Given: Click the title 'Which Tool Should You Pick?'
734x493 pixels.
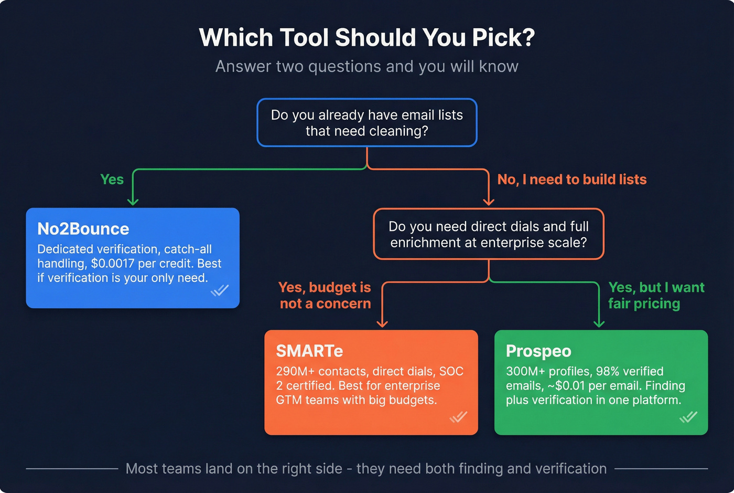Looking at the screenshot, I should coord(367,38).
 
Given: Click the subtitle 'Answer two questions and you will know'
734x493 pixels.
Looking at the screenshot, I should coord(367,67).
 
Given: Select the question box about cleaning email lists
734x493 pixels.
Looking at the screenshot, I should coord(367,122).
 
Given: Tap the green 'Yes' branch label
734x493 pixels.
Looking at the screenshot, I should coord(112,180).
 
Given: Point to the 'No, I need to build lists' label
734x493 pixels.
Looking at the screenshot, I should coord(571,180).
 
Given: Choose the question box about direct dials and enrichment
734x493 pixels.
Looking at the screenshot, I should coord(489,234).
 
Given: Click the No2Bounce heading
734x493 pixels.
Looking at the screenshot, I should coord(83,229).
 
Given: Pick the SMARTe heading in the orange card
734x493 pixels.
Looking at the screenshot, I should coord(309,351).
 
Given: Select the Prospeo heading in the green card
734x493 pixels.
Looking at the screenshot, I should coord(538,351).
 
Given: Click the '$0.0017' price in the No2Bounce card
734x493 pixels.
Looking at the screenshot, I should coord(113,264).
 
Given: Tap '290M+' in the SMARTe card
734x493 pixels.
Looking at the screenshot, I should coord(295,372).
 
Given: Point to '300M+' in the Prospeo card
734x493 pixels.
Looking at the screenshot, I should coord(525,372).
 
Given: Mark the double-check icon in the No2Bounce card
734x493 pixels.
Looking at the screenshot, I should coord(220,290).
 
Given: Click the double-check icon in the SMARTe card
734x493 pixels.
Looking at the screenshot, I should coord(458,417).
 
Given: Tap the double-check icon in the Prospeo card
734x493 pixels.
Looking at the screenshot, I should coord(688,417).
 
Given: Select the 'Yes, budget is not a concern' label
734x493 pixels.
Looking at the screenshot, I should coord(325,295).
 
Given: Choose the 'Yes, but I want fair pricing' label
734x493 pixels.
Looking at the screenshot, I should coord(656,295).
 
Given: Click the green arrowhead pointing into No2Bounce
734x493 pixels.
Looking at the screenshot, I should coord(133,201).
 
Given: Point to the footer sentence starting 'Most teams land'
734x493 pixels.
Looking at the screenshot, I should coord(366,468).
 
